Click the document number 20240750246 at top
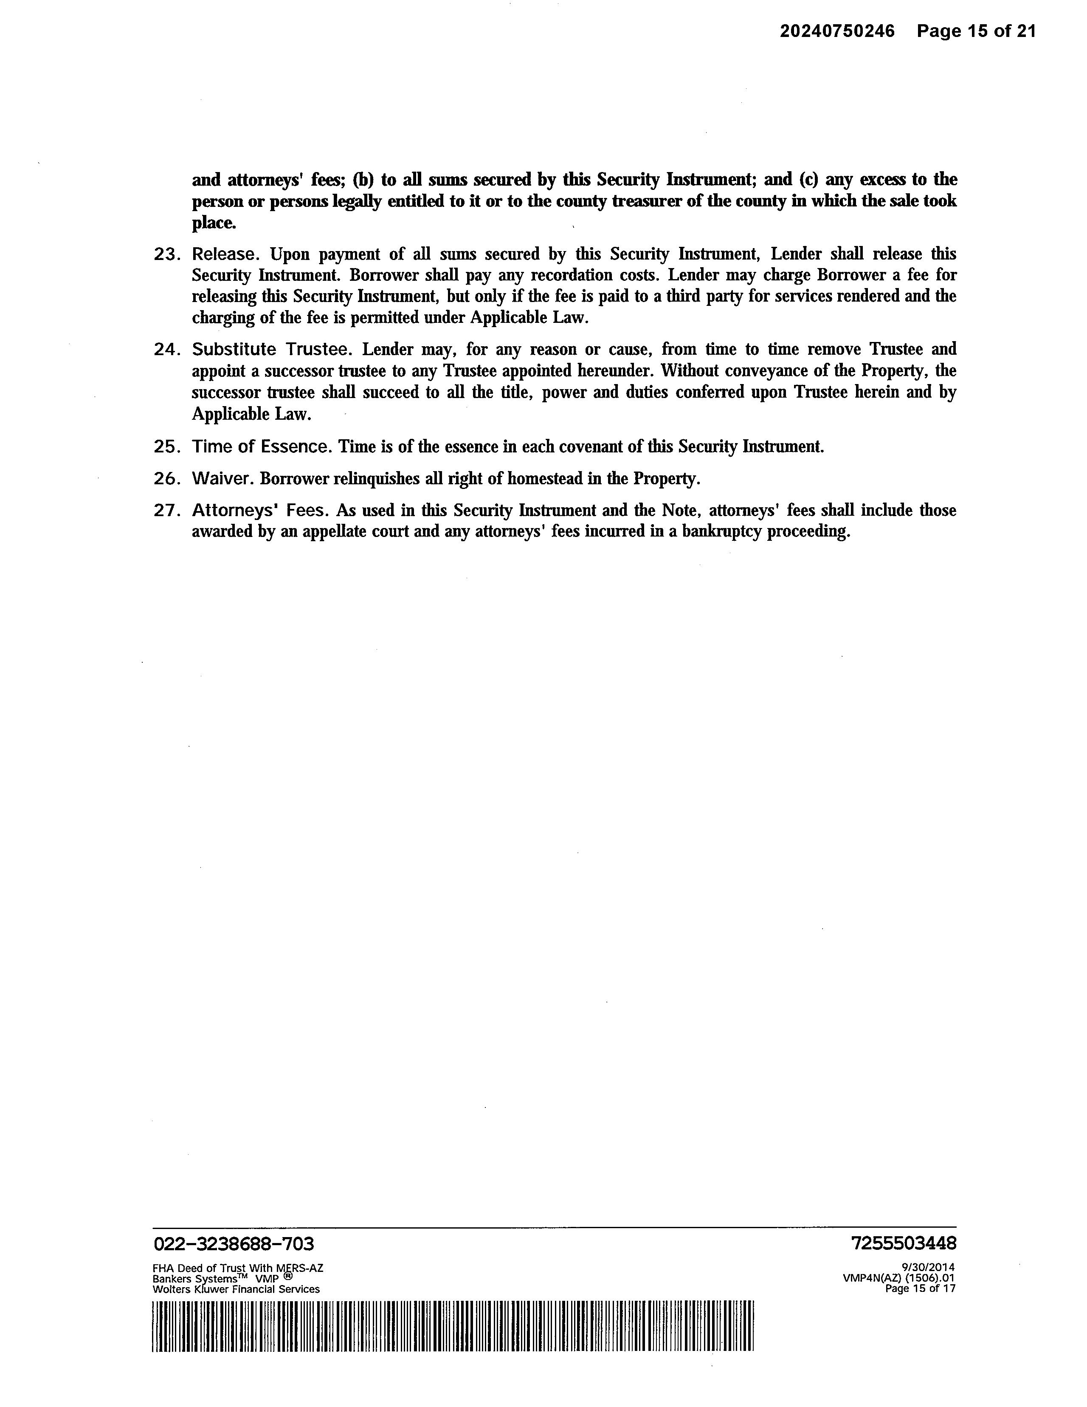point(837,31)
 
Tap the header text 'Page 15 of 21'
point(976,31)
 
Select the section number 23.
point(166,254)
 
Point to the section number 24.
point(166,350)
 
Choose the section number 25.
point(166,446)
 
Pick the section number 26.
point(166,479)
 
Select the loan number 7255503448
point(904,1243)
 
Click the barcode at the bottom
point(453,1326)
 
